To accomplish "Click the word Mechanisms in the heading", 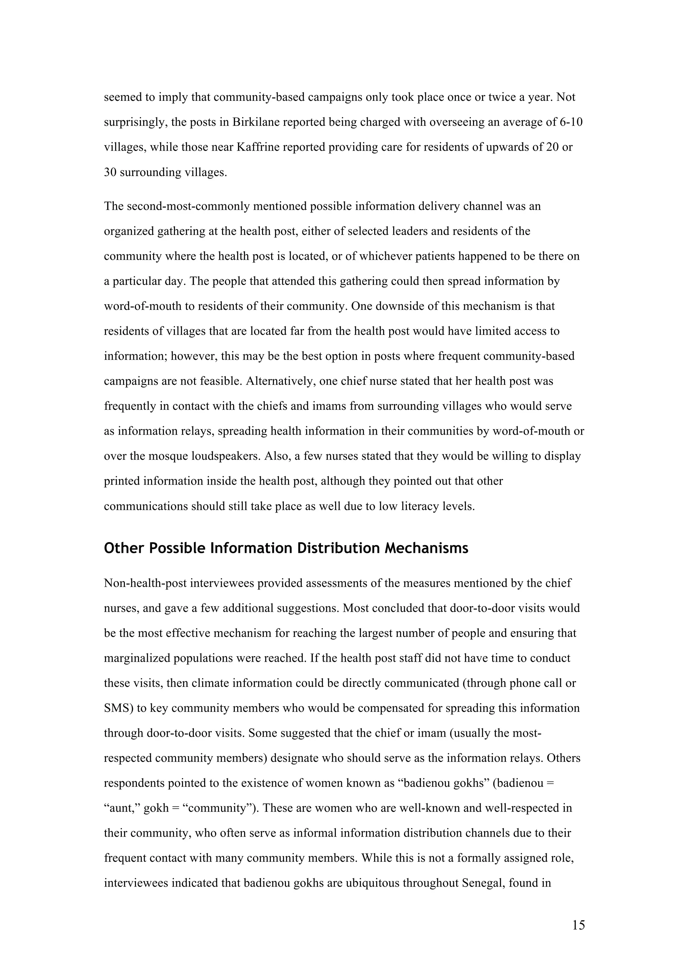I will click(x=427, y=548).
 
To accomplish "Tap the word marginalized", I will click(x=137, y=658).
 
